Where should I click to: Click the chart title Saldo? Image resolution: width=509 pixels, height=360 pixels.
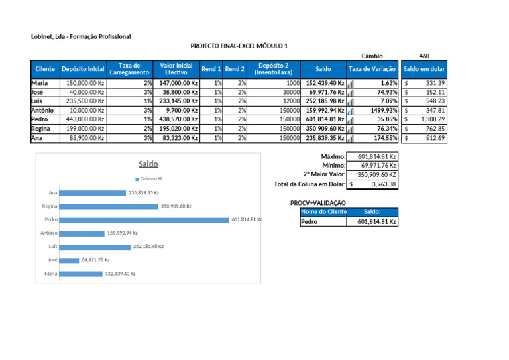148,164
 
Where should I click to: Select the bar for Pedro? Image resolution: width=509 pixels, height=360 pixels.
144,220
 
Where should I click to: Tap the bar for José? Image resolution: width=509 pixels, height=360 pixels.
69,261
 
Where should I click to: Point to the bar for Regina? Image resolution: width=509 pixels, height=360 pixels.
109,206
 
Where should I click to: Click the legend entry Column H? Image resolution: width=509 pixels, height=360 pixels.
148,179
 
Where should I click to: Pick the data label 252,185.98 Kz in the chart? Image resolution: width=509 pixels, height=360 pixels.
148,247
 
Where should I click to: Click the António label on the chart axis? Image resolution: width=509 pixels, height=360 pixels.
49,233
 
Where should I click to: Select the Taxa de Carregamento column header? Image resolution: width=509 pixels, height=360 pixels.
129,69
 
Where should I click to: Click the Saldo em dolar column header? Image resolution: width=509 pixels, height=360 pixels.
424,69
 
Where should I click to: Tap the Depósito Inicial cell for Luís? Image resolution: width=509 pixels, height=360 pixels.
84,101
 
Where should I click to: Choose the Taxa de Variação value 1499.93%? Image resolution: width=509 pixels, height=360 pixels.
384,110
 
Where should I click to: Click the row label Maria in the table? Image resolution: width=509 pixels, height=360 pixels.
40,83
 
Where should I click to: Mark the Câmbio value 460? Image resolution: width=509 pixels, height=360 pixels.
424,56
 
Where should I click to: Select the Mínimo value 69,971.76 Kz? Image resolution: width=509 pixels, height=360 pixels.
378,166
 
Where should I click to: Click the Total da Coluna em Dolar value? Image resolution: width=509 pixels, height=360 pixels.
372,184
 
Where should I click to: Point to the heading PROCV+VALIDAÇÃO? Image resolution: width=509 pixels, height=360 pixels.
318,203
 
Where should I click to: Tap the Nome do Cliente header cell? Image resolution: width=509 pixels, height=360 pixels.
323,212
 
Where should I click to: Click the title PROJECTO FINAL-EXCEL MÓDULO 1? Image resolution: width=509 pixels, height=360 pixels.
239,46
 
